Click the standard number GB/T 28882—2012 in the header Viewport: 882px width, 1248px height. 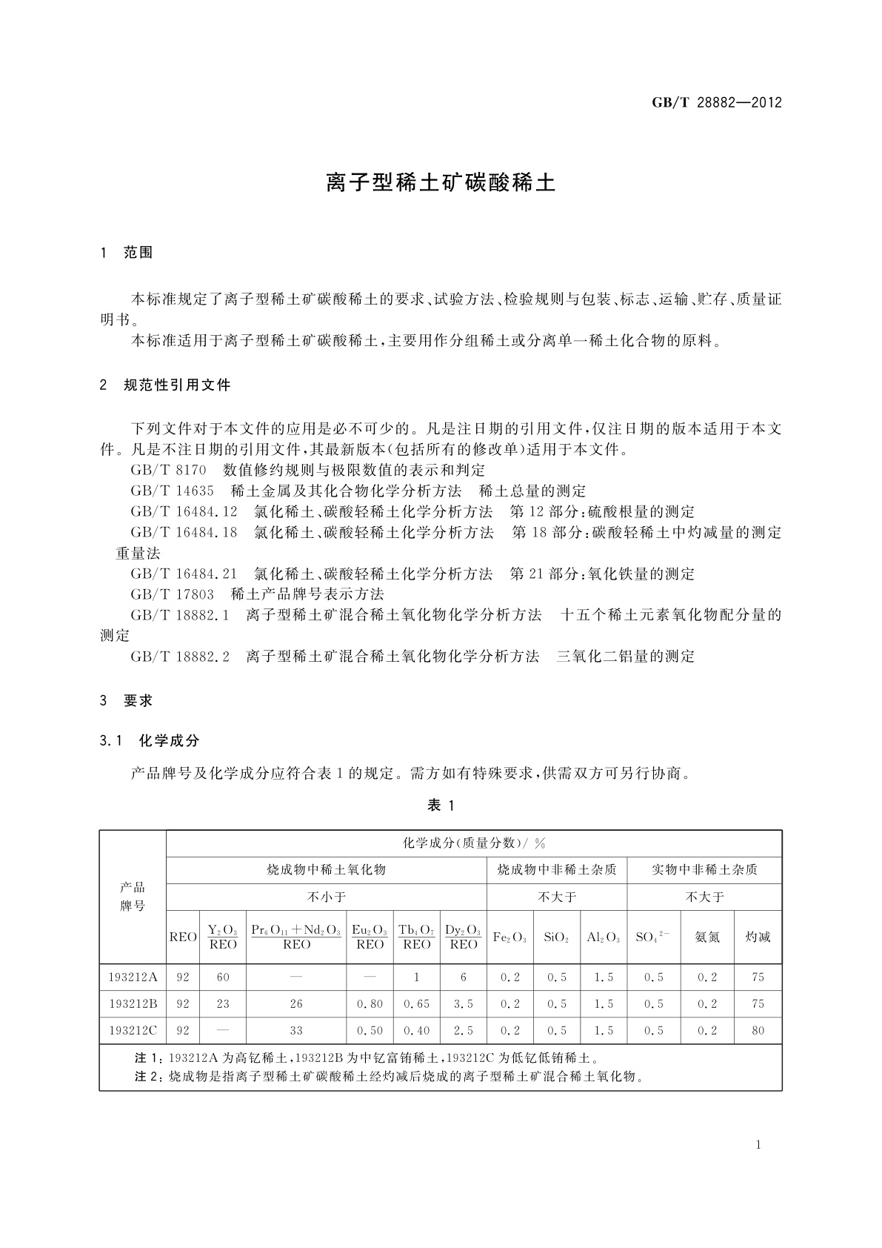tap(716, 103)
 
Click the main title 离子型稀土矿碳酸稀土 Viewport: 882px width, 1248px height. tap(441, 183)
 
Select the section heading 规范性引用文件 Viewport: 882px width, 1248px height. tap(177, 385)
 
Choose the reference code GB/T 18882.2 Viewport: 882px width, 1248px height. tap(180, 656)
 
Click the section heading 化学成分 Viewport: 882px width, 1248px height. tap(169, 740)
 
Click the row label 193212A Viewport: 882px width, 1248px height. tap(133, 977)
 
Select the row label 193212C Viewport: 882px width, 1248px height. tap(133, 1030)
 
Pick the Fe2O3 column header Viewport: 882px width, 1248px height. tap(510, 937)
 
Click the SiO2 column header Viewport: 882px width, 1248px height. tap(556, 937)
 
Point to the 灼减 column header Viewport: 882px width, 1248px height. tap(758, 937)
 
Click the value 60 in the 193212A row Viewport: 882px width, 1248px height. tap(223, 977)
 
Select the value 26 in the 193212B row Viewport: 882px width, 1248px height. tap(296, 1003)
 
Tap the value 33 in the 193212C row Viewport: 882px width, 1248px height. tap(296, 1030)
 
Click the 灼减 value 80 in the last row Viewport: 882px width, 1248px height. tap(758, 1030)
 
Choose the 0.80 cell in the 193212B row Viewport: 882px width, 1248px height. tap(370, 1003)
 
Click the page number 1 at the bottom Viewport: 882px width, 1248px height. tap(758, 1145)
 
